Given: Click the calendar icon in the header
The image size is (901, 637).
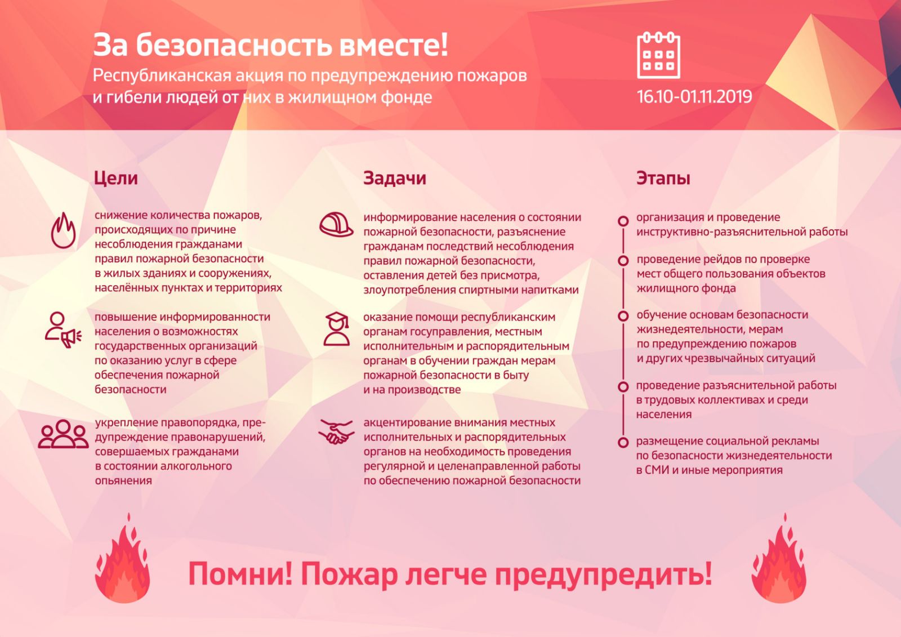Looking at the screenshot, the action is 658,55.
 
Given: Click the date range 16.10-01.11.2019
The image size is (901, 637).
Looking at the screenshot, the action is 694,97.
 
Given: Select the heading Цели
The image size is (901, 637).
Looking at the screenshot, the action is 116,179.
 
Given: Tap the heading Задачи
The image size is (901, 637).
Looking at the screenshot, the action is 395,179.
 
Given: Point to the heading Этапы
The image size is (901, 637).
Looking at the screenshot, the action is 663,179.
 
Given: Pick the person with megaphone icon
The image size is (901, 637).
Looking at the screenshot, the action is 63,330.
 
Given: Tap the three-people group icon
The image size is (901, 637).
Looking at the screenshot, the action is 63,434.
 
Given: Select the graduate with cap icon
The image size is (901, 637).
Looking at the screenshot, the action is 337,329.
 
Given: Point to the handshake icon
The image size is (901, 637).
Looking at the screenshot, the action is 336,432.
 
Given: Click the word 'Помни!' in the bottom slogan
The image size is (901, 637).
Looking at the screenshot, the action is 240,574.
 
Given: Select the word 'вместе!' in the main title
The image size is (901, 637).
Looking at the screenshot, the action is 394,45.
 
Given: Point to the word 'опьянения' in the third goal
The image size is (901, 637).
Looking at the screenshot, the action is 123,481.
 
